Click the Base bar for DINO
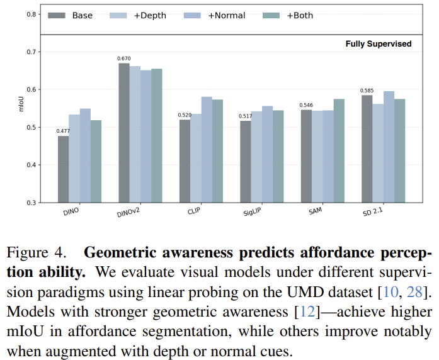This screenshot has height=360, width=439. [63, 169]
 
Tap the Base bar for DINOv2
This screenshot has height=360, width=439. [124, 133]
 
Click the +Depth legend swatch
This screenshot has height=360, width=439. [118, 15]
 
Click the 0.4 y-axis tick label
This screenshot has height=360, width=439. [30, 165]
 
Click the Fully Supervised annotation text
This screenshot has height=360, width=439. [378, 44]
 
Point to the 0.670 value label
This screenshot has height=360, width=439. [123, 59]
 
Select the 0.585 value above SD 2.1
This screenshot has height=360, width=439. [367, 91]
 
